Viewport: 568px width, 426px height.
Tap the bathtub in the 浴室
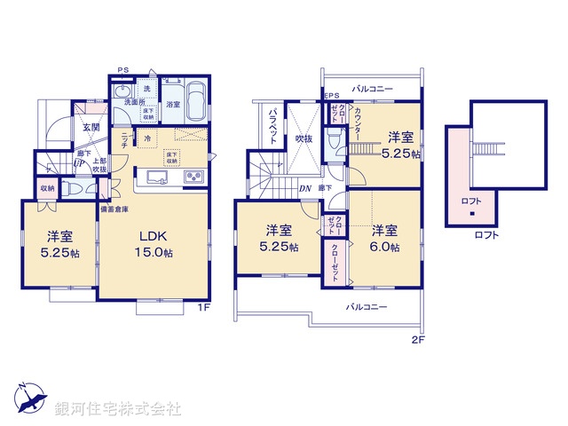[196, 97]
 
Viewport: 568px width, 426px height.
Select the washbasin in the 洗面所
[122, 92]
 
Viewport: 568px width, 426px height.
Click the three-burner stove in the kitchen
[194, 177]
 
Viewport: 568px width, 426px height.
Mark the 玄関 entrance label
[92, 127]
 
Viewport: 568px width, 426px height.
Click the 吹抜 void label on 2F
[304, 138]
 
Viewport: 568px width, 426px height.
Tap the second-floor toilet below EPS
[333, 140]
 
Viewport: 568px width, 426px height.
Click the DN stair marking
[304, 188]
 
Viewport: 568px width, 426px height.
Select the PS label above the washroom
[123, 70]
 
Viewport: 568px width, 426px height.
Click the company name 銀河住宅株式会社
[118, 409]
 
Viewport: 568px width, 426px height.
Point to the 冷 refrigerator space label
[146, 139]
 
